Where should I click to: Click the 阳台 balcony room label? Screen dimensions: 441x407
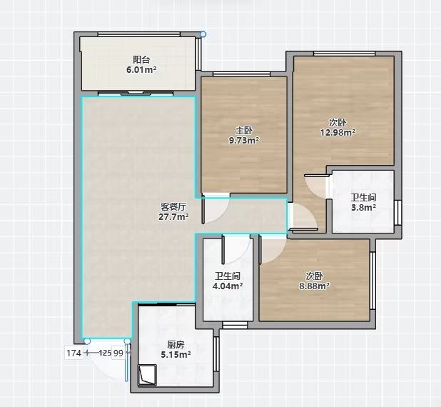(141, 60)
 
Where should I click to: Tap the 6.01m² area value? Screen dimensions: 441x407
(141, 69)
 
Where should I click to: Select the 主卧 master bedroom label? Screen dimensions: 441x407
(244, 131)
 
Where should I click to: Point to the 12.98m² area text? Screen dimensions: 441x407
(338, 132)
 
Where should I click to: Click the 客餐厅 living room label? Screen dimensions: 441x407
(173, 207)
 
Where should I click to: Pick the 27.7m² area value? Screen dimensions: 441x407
(173, 217)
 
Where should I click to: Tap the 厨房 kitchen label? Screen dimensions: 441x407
(176, 344)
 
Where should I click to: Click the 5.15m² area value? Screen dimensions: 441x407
(176, 354)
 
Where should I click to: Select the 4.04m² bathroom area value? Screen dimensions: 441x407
(228, 286)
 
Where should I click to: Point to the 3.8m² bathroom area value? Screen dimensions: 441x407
(364, 208)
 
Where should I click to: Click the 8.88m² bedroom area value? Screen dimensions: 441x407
(315, 286)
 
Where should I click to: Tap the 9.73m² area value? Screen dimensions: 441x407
(244, 140)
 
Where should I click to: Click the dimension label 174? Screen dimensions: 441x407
(74, 353)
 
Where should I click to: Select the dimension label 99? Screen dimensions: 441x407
(118, 353)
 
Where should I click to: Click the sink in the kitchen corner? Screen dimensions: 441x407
(147, 374)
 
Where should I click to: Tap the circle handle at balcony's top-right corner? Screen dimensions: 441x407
(203, 34)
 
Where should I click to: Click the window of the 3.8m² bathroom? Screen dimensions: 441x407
(397, 213)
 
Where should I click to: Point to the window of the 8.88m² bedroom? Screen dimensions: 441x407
(373, 281)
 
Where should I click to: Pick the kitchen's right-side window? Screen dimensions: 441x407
(216, 353)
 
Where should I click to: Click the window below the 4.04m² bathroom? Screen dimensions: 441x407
(235, 325)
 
